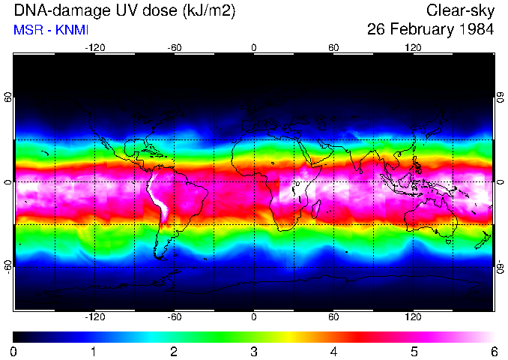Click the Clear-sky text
coord(460,11)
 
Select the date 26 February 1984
coord(430,30)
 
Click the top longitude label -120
coord(94,48)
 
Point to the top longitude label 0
coord(254,48)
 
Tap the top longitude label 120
coord(413,48)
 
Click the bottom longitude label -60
coord(174,316)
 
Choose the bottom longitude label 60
coord(333,316)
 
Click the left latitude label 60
coord(8,100)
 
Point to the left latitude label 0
coord(8,182)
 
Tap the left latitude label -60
coord(8,266)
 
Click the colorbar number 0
coord(14,351)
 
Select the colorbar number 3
coord(254,351)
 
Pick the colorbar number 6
coord(494,351)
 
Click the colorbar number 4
coord(333,351)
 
